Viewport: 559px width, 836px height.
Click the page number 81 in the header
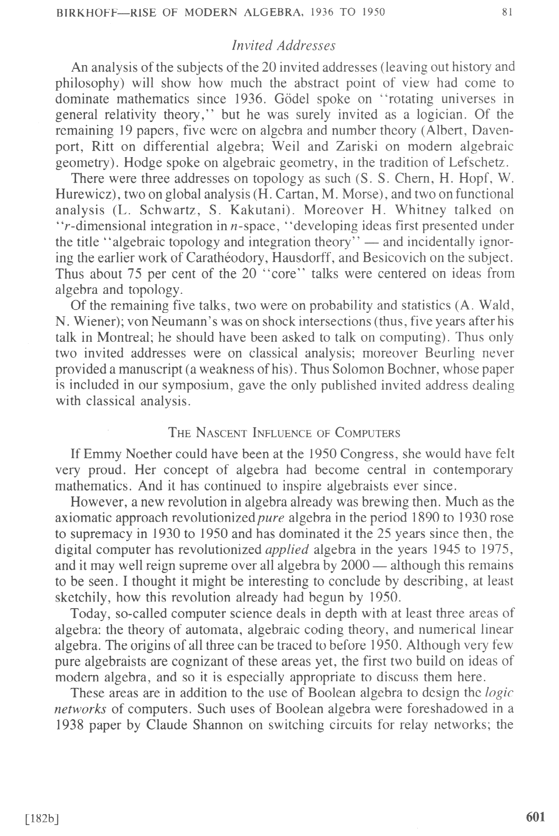507,12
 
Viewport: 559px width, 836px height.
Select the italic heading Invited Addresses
284,46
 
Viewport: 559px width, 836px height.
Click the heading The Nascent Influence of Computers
285,433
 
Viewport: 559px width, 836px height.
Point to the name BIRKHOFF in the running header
87,12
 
